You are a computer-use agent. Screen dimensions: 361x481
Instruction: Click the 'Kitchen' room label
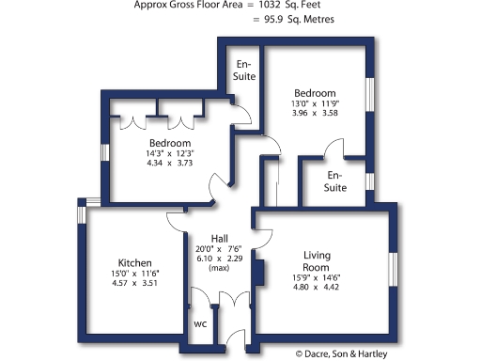pyautogui.click(x=135, y=262)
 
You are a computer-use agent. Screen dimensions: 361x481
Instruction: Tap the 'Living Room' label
pyautogui.click(x=325, y=261)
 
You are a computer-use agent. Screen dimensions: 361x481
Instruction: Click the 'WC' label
pyautogui.click(x=199, y=324)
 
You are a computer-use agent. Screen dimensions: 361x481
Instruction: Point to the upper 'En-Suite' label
pyautogui.click(x=244, y=70)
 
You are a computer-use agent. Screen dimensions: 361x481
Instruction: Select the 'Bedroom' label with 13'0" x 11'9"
pyautogui.click(x=315, y=93)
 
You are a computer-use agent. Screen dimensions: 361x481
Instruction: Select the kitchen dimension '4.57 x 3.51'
pyautogui.click(x=135, y=283)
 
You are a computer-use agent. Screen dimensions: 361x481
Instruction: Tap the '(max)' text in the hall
pyautogui.click(x=218, y=269)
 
